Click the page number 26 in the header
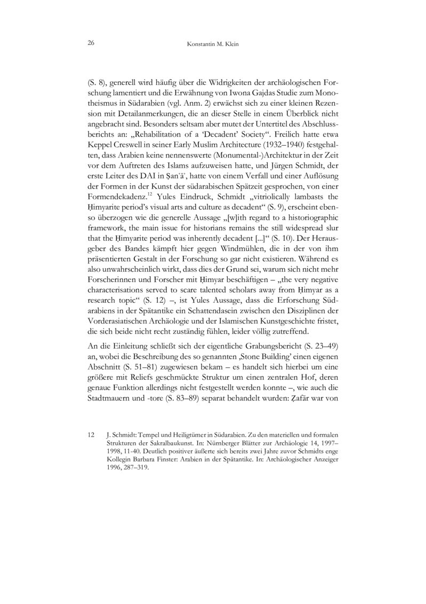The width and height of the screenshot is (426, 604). (x=90, y=44)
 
